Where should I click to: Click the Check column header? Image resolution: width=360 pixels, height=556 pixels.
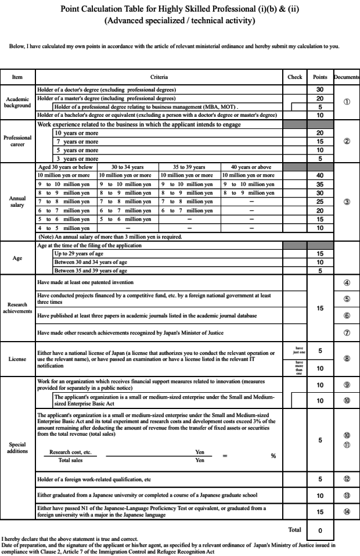(295, 77)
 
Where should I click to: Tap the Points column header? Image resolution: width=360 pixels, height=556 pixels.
(320, 77)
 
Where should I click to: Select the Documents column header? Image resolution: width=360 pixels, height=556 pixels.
(347, 77)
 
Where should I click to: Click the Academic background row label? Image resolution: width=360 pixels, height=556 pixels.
(17, 102)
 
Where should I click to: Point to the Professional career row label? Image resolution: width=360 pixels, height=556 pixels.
(17, 141)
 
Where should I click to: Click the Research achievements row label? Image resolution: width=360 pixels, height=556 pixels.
(17, 308)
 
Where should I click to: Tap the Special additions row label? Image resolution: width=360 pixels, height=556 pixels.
(17, 448)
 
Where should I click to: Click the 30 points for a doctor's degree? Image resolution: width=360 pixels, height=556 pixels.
(320, 90)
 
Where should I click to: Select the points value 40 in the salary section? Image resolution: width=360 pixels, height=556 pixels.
(320, 175)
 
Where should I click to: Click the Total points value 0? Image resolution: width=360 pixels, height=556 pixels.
(320, 530)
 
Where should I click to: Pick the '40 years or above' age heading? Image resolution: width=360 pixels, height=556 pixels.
(251, 167)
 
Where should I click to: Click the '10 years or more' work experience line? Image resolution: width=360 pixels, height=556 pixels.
(77, 133)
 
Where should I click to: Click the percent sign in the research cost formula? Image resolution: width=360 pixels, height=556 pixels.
(273, 455)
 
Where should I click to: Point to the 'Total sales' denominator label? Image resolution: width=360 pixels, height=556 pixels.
(70, 460)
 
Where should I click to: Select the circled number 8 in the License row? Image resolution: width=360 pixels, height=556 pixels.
(347, 358)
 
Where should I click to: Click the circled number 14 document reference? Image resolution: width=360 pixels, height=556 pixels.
(347, 511)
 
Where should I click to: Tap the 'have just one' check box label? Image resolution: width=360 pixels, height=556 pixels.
(295, 350)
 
